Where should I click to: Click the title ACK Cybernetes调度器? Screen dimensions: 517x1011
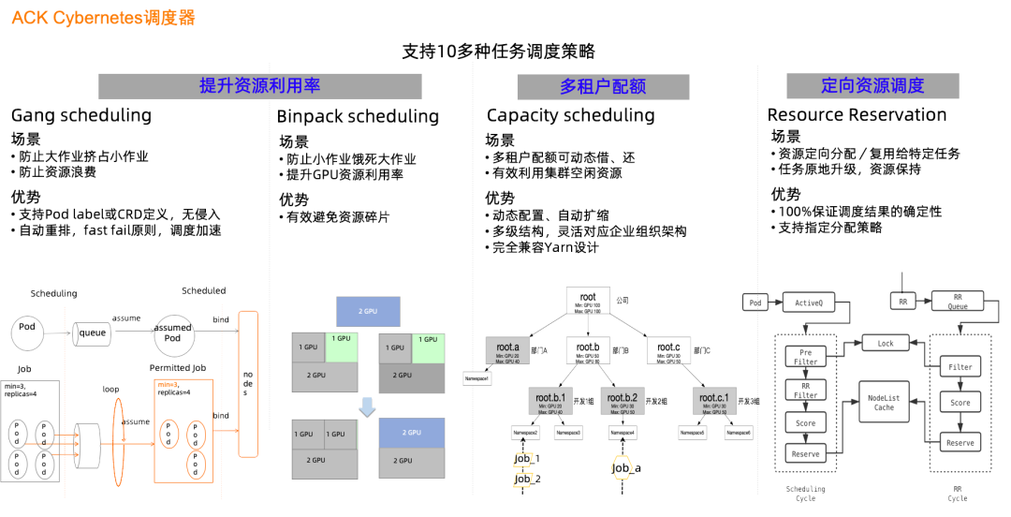(103, 18)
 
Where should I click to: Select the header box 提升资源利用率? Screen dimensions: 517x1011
(260, 86)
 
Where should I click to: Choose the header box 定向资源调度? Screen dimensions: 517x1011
(872, 86)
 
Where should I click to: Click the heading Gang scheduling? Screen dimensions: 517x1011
(81, 116)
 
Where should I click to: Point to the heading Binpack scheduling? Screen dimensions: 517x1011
(358, 117)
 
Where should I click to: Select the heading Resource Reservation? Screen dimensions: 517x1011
(857, 115)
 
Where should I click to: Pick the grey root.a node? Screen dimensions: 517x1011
(508, 351)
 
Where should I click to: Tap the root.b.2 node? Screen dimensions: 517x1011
(623, 403)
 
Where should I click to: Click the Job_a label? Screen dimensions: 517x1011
(626, 468)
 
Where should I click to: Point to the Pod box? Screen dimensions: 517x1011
(755, 303)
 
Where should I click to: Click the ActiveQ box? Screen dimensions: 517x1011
(808, 303)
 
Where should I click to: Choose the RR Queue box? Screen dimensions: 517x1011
(958, 301)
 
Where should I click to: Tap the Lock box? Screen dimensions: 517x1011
(885, 344)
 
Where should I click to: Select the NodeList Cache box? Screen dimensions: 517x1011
(884, 402)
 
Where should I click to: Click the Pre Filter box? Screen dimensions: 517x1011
(805, 356)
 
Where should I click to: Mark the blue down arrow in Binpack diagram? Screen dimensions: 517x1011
(367, 406)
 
